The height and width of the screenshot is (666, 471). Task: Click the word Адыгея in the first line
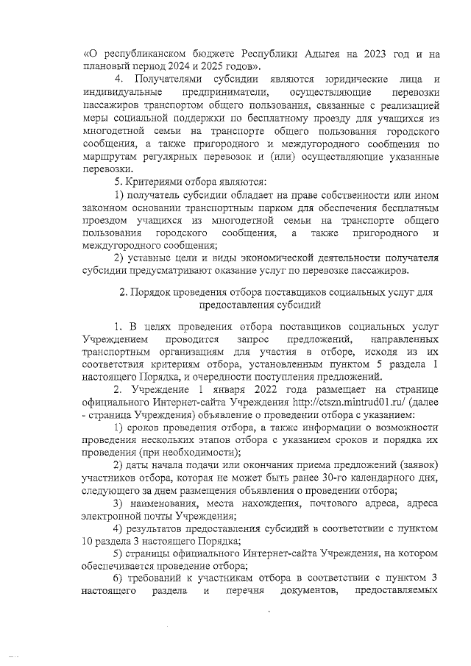pos(317,54)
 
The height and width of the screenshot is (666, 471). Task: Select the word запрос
pos(253,339)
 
